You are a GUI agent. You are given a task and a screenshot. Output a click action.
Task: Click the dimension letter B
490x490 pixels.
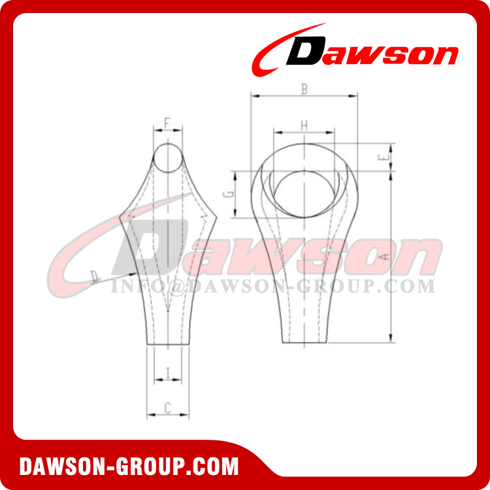[x=303, y=90]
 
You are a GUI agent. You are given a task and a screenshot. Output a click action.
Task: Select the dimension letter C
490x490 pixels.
[x=167, y=408]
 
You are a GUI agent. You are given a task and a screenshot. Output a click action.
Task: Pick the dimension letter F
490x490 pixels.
[x=167, y=122]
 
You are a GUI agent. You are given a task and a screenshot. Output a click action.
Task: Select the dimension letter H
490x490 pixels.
[x=303, y=124]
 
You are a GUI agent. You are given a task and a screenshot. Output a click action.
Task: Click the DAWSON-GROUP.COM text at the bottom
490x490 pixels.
[x=129, y=467]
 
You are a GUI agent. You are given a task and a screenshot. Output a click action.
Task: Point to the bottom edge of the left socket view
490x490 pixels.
[x=168, y=346]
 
